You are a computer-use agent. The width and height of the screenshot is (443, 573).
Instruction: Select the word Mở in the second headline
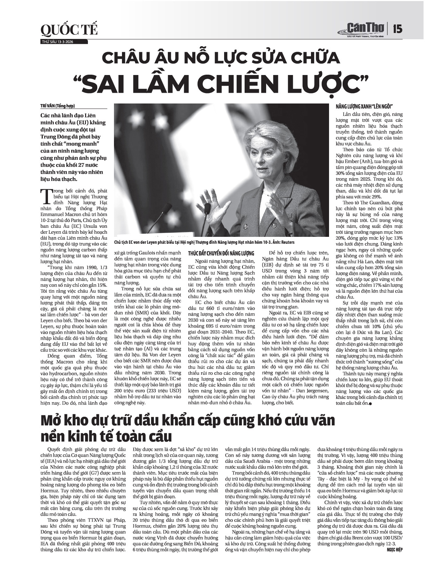[52, 421]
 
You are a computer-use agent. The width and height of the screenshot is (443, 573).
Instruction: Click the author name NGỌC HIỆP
[395, 549]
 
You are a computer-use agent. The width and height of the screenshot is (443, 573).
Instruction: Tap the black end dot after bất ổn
[371, 404]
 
